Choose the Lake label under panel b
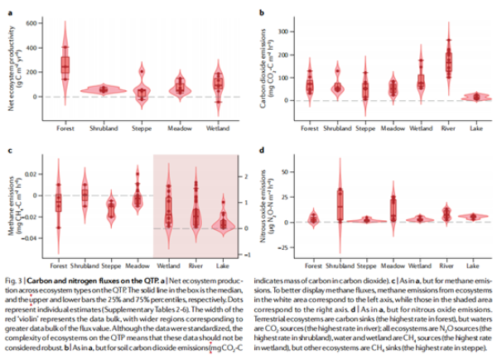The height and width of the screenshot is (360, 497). [x=475, y=128]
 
